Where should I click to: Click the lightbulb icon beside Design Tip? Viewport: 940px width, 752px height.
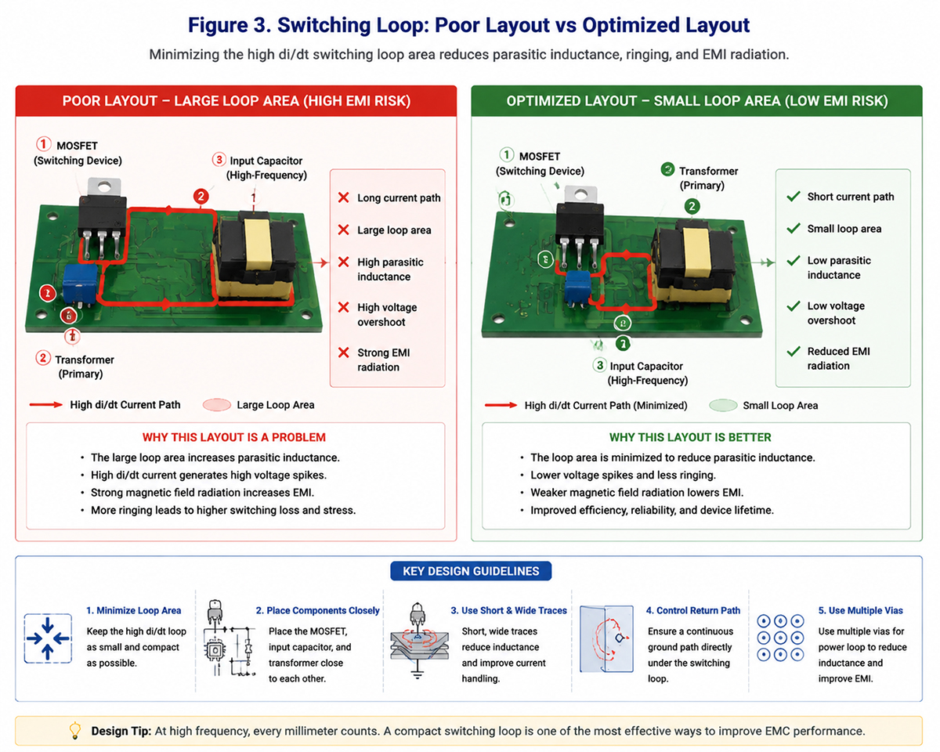point(75,730)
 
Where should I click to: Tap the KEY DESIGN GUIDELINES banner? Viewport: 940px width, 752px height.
point(471,571)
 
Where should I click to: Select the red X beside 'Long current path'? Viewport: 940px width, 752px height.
point(343,197)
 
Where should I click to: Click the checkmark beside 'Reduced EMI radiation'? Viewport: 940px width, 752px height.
point(793,351)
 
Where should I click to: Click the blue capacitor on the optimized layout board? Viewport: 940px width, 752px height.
point(577,286)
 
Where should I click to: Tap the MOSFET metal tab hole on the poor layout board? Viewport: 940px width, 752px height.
point(103,187)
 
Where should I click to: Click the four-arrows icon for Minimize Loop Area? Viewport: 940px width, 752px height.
point(48,638)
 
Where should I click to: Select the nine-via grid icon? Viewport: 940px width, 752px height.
point(780,638)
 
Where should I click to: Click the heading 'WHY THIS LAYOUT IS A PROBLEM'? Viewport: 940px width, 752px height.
point(234,437)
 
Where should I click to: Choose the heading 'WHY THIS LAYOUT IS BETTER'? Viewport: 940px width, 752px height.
point(690,437)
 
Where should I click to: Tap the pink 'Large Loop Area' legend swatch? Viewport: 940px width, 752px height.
point(217,405)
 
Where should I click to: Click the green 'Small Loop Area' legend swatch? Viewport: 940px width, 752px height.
point(723,406)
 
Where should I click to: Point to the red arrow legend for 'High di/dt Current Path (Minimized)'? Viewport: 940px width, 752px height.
point(501,405)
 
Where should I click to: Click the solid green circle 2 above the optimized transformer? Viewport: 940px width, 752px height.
point(692,206)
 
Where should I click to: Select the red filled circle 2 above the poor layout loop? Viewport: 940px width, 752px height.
point(201,196)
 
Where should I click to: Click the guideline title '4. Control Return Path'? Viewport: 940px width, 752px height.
point(693,610)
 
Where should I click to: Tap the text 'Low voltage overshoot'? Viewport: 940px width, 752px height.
point(836,313)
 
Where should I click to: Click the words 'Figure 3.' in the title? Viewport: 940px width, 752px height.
point(230,25)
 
